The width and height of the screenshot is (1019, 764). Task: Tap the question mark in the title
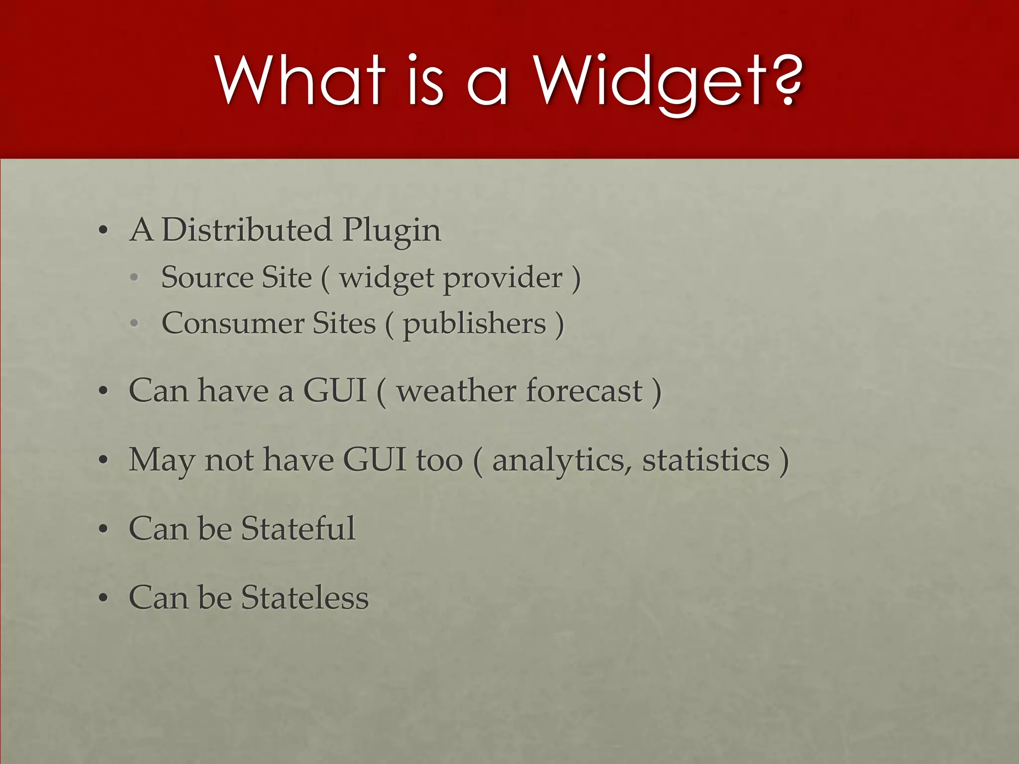click(786, 80)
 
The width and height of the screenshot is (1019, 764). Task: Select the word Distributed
click(247, 230)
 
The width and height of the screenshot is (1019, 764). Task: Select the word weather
click(457, 391)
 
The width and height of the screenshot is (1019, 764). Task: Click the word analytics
click(558, 461)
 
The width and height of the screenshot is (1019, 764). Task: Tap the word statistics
click(706, 460)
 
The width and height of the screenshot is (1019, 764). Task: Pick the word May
click(161, 461)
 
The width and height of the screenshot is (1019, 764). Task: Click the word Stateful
click(298, 528)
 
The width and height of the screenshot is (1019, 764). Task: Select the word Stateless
click(305, 597)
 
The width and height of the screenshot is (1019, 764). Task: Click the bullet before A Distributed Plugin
click(103, 231)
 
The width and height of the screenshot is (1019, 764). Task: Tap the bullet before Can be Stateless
click(103, 598)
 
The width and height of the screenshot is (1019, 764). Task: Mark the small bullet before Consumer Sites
click(134, 324)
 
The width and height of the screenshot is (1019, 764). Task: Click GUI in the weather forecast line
click(334, 391)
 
